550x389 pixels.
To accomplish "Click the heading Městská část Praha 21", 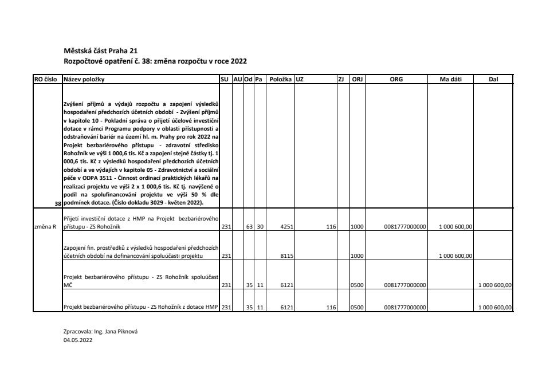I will point(100,51).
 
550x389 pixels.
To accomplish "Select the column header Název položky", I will point(84,79).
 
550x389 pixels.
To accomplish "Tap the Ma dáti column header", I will point(450,79).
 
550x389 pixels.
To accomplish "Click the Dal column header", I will point(493,79).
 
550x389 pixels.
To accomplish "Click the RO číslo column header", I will point(48,79).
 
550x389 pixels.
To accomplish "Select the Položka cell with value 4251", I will point(286,227).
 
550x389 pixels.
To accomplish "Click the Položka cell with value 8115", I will point(286,256).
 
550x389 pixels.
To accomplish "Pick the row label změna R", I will point(45,227).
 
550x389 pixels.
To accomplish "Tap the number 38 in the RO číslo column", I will point(57,203).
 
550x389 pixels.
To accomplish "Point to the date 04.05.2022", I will point(77,340).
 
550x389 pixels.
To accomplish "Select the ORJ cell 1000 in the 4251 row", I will point(357,227).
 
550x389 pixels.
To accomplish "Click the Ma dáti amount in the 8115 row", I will point(455,256).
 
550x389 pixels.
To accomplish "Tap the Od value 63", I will point(249,227).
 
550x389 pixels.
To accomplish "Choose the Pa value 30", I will point(260,227).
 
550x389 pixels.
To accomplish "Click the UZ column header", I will point(299,79).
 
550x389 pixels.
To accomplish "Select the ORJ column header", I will point(357,79).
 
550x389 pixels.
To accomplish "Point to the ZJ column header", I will point(341,79).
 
